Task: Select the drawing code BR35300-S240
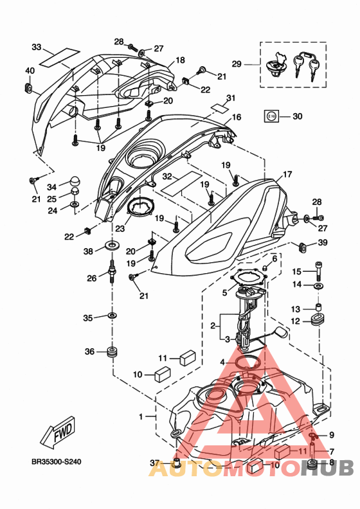click(56, 461)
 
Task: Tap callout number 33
click(37, 48)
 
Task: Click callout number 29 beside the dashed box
click(237, 64)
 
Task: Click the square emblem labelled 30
click(272, 116)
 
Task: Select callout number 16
click(237, 117)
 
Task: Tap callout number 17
click(287, 175)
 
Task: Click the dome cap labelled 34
click(75, 181)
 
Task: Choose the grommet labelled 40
click(28, 87)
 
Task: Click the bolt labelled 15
click(318, 271)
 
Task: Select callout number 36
click(89, 352)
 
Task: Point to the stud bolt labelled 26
click(112, 271)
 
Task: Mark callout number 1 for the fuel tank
click(141, 416)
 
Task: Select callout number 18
click(180, 60)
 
